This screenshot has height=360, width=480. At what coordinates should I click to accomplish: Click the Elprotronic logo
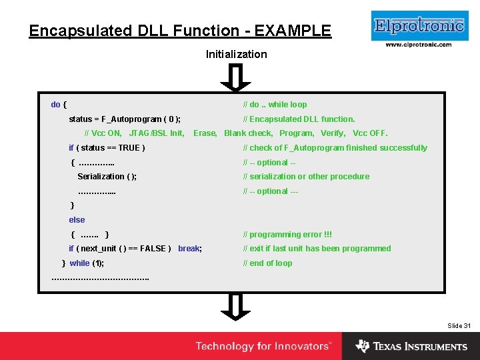click(x=418, y=26)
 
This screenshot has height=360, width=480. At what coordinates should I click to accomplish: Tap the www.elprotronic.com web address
click(x=418, y=45)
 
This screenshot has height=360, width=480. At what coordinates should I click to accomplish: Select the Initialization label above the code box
click(x=236, y=54)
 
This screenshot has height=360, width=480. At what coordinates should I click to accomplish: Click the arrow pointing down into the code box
click(x=235, y=77)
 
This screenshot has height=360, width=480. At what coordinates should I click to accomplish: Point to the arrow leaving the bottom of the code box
click(x=235, y=307)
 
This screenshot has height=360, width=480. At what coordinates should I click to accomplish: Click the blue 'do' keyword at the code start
click(x=55, y=105)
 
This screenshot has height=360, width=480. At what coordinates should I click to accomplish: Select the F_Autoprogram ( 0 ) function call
click(x=140, y=119)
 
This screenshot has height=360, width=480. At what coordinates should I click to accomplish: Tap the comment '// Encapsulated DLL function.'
click(x=299, y=119)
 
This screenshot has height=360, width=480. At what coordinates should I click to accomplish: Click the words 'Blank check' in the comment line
click(x=248, y=133)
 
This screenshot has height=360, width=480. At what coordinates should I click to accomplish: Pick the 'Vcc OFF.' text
click(x=370, y=133)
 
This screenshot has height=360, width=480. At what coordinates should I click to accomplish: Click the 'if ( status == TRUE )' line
click(x=107, y=148)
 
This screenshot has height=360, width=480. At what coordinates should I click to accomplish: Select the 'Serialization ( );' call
click(x=107, y=177)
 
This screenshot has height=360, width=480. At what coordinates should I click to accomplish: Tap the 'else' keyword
click(x=77, y=220)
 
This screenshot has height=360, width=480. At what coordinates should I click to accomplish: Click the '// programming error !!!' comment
click(x=287, y=235)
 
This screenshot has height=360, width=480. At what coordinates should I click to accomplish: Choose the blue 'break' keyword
click(x=189, y=249)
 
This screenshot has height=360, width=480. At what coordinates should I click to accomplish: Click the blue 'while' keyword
click(x=79, y=263)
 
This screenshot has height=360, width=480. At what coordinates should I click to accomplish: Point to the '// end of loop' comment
click(x=267, y=263)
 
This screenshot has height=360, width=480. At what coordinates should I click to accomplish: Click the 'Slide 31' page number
click(x=459, y=325)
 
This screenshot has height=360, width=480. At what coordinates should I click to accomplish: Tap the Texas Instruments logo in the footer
click(x=411, y=347)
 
